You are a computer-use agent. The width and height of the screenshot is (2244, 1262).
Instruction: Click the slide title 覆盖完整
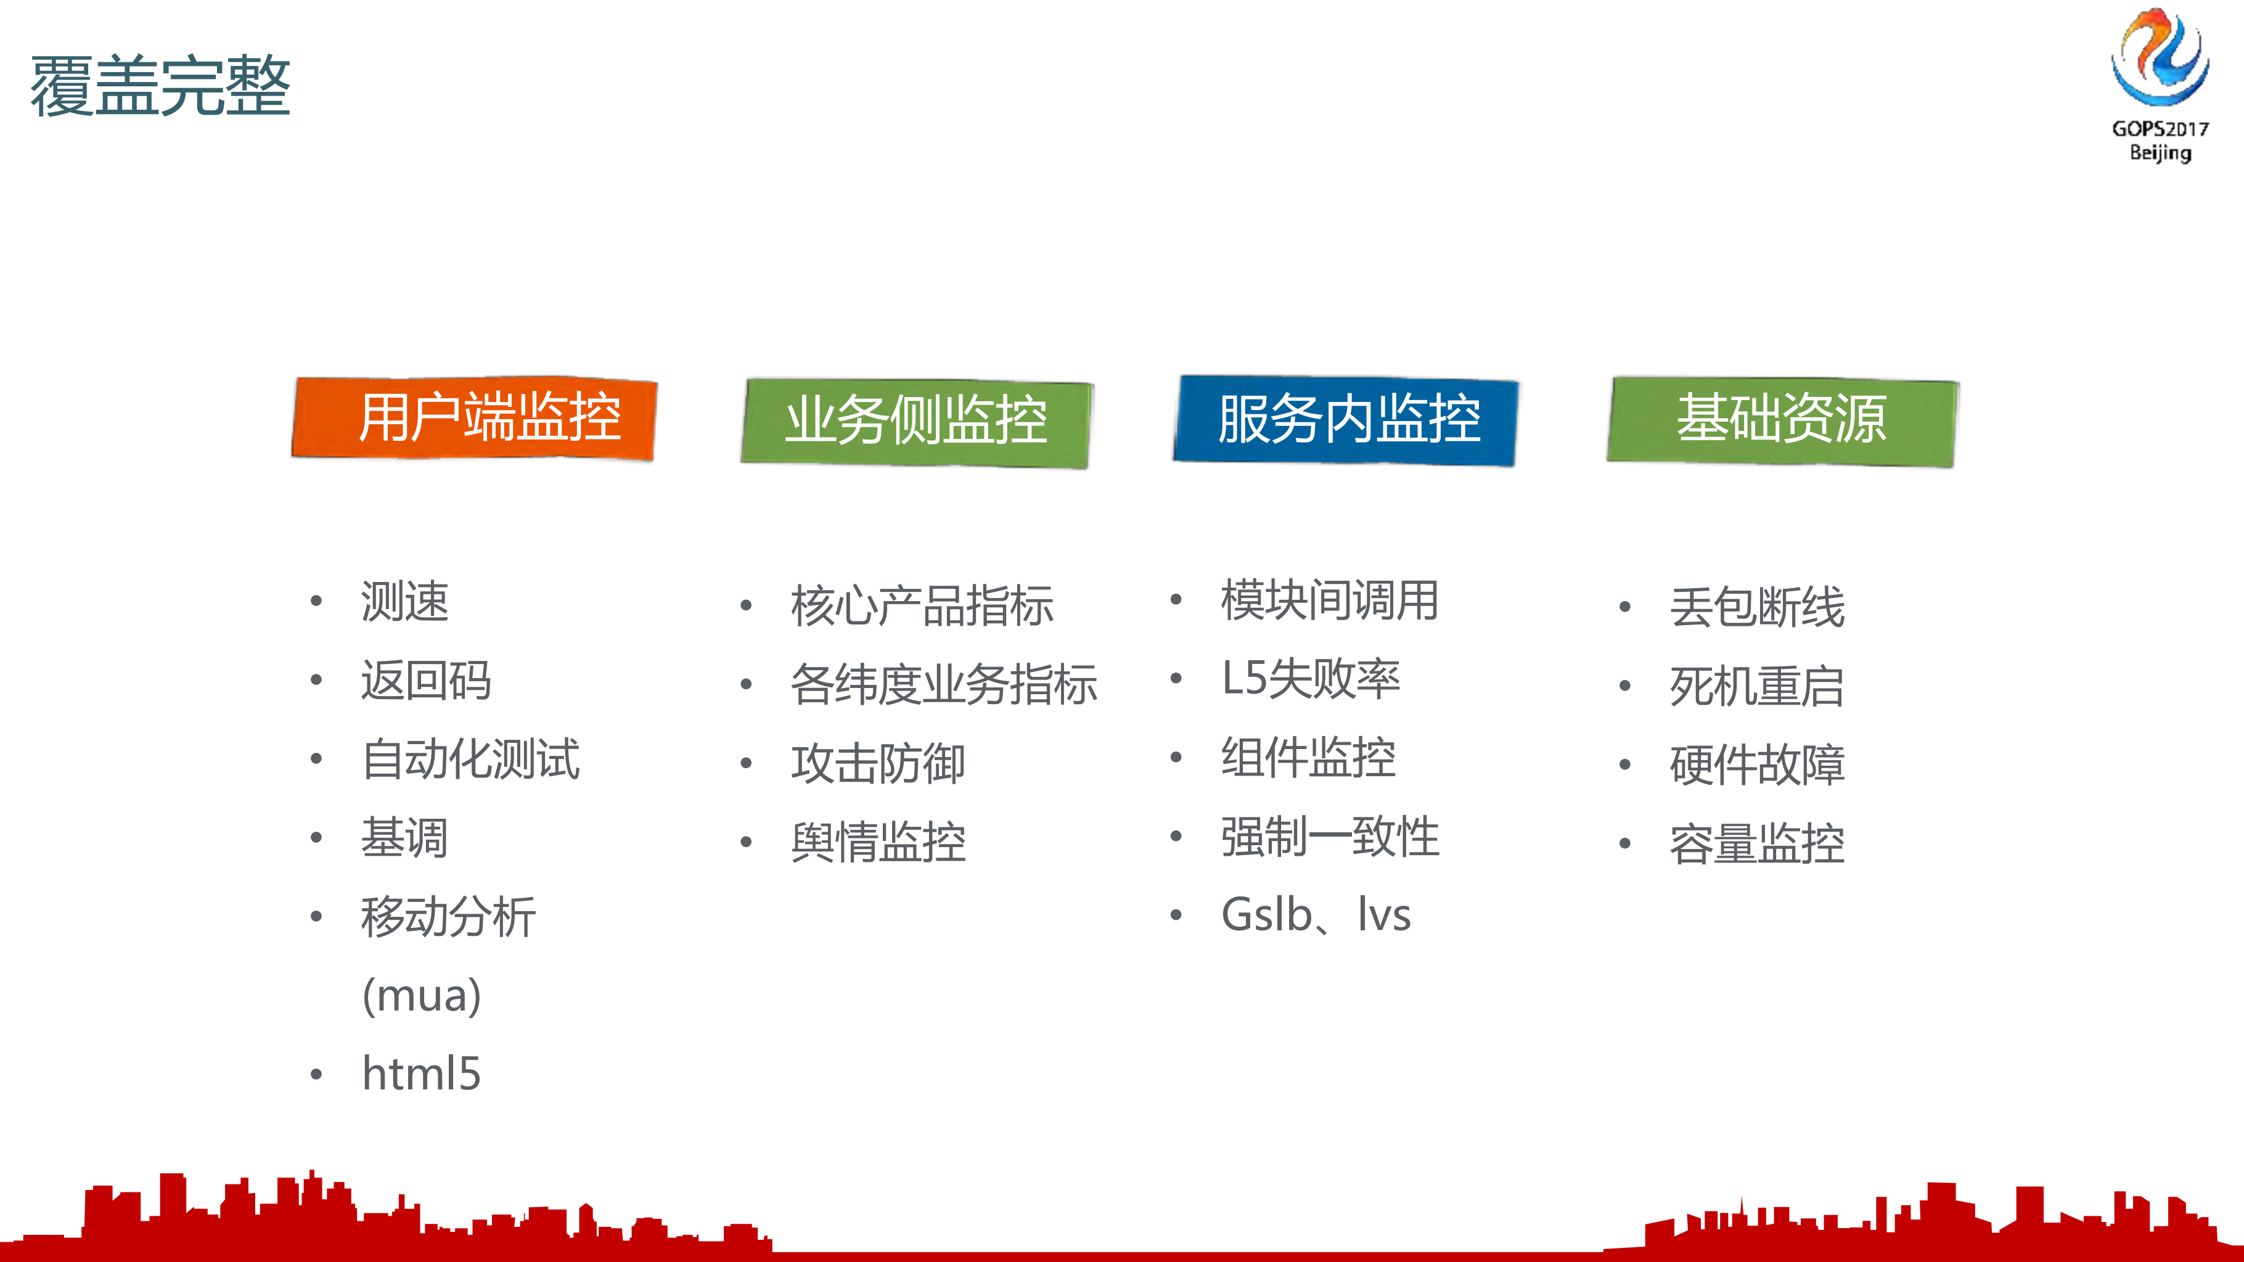click(160, 85)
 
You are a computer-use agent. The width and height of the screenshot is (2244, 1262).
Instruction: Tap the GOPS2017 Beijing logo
click(2160, 84)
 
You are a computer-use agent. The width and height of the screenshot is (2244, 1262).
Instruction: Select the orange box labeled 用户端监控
click(475, 418)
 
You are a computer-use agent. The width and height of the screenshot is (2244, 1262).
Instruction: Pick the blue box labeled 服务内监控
click(1346, 420)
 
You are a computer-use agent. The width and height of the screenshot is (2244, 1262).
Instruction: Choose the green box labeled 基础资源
click(1782, 420)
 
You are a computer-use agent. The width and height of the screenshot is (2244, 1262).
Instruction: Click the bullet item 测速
click(404, 601)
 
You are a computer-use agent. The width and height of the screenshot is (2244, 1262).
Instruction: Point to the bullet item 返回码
click(426, 680)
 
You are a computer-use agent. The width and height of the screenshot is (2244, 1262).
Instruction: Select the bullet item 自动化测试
click(470, 758)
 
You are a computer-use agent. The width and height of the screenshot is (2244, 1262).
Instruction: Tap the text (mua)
click(422, 994)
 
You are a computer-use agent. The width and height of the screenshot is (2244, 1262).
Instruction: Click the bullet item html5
click(422, 1073)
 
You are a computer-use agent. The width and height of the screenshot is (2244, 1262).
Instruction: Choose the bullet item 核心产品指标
click(922, 605)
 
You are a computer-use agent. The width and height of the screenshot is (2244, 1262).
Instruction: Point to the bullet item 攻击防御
click(878, 764)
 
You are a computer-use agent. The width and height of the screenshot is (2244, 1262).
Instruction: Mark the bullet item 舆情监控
click(878, 842)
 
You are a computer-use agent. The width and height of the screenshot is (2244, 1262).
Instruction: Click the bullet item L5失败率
click(1310, 678)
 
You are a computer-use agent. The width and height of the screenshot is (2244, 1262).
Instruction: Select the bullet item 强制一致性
click(1329, 836)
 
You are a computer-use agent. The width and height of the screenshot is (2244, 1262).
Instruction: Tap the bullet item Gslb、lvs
click(1316, 914)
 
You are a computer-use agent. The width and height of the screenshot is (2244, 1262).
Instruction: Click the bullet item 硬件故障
click(1757, 764)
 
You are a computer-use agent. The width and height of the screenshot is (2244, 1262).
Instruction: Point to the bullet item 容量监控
click(1757, 843)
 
